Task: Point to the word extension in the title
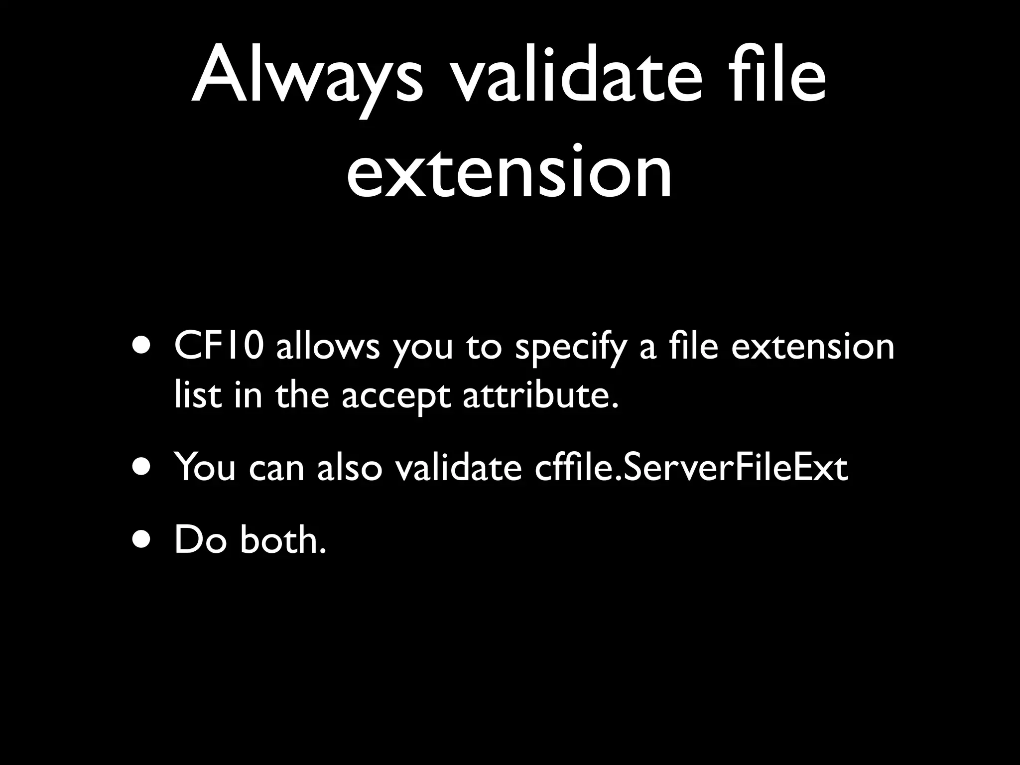tap(509, 172)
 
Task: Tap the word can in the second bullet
tap(276, 468)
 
